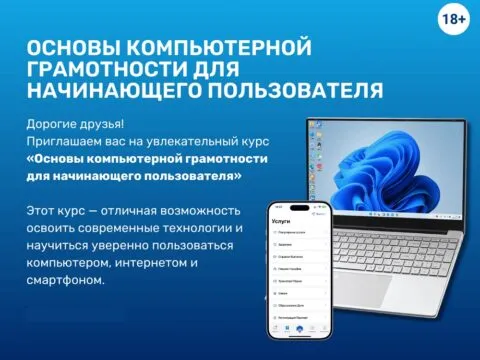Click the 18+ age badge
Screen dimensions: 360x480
tap(455, 18)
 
